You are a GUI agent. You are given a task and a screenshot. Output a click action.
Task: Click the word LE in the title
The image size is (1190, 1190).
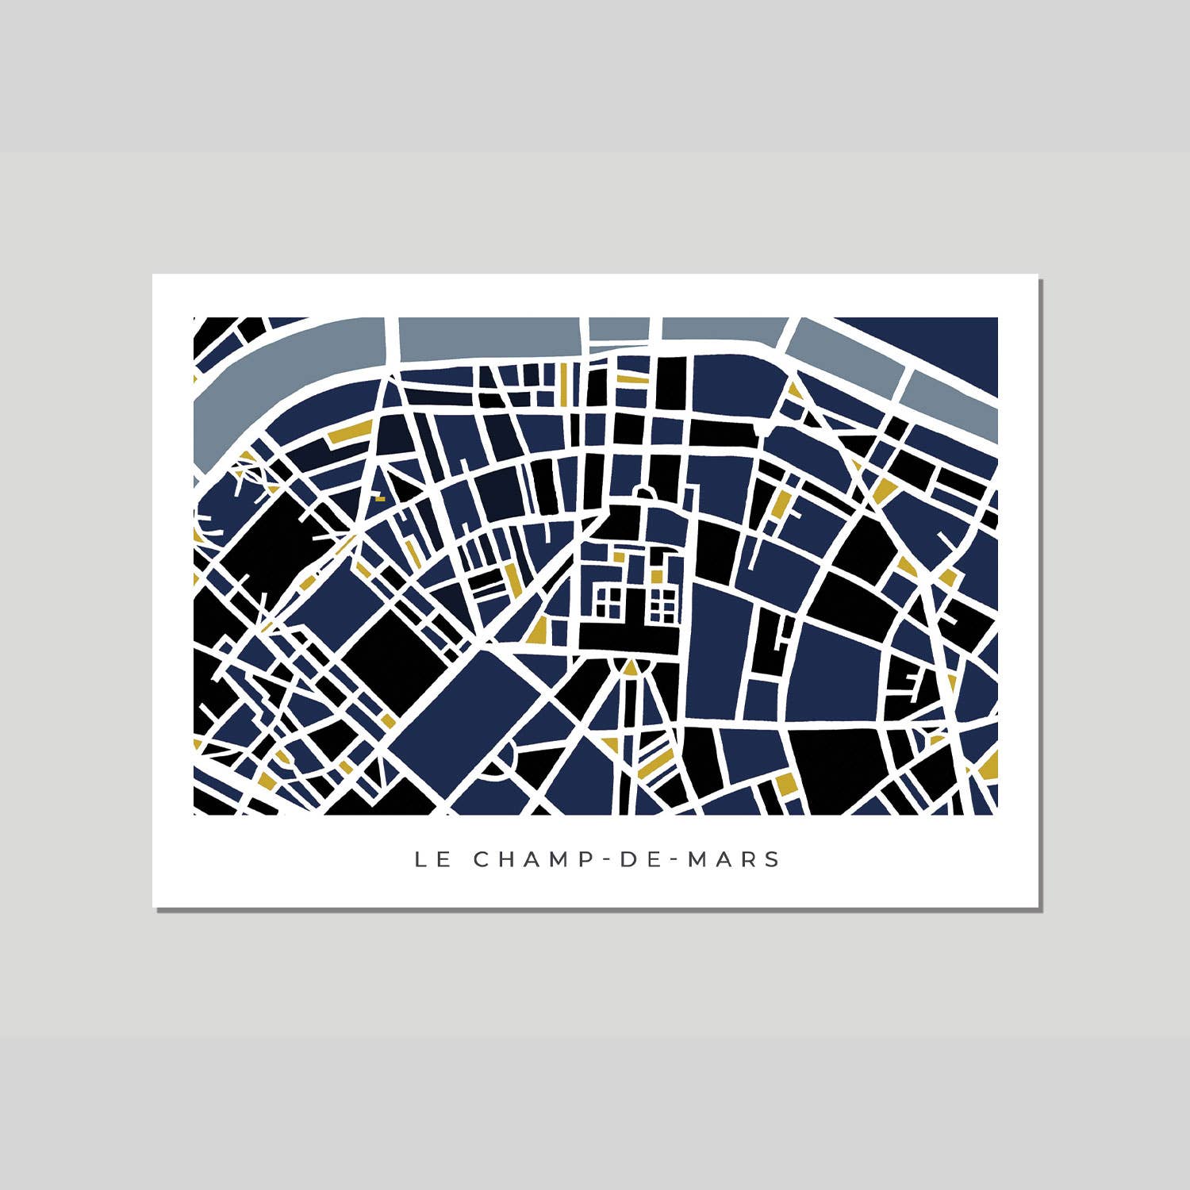(433, 859)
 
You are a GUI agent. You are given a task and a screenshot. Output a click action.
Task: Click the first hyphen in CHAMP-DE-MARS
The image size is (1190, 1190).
(603, 859)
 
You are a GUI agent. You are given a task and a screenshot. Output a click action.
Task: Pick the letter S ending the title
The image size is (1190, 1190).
(773, 859)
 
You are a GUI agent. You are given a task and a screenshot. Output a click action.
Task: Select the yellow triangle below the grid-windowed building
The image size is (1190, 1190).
(630, 669)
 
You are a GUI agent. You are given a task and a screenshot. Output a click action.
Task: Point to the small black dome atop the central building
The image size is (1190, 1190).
(645, 494)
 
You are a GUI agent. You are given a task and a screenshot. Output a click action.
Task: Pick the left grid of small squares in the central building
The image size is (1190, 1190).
(608, 601)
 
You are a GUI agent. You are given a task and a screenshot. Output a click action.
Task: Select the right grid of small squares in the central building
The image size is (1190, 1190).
(662, 605)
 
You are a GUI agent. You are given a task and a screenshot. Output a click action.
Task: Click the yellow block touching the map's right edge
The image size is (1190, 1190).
(990, 765)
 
